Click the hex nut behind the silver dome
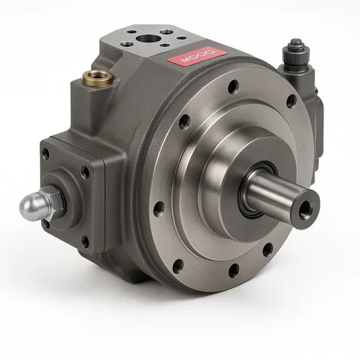point(53,198)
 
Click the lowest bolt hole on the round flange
point(233,271)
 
